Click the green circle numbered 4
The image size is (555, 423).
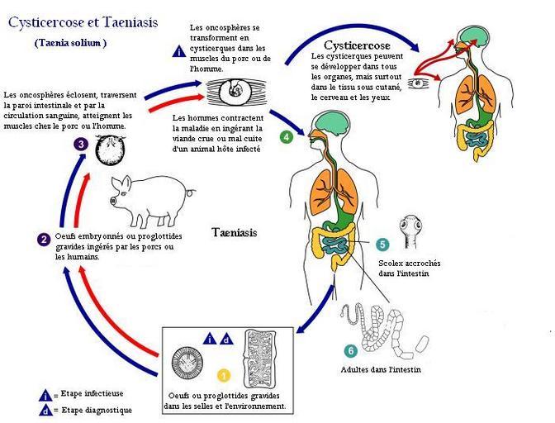coord(287,136)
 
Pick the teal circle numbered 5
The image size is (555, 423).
coord(382,245)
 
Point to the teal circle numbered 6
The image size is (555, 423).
coord(351,351)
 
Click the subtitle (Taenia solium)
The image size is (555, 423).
coord(71,43)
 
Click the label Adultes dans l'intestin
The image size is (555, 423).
coord(381,369)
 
